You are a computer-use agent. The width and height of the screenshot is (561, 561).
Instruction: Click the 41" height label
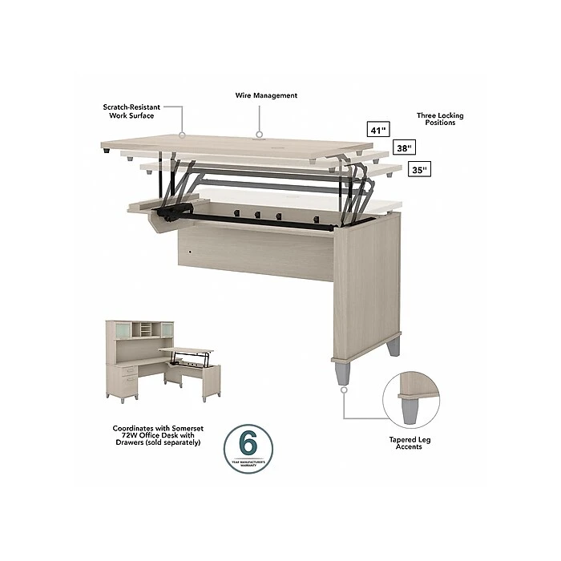(x=375, y=129)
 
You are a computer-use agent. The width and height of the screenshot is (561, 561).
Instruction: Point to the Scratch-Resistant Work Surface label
(x=128, y=111)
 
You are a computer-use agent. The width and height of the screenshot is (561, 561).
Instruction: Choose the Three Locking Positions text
(x=439, y=119)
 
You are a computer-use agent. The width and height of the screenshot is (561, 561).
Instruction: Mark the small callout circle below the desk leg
(x=343, y=390)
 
